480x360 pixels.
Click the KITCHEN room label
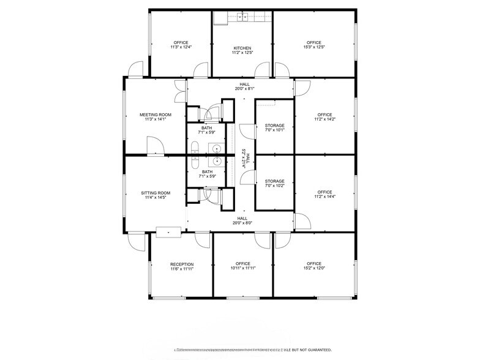242,48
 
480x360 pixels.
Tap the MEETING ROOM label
156,114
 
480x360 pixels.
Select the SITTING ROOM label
156,193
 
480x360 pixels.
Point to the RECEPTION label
182,264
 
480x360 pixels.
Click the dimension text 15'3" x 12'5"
314,48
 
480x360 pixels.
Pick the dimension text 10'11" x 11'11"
244,269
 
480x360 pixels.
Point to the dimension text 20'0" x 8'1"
244,88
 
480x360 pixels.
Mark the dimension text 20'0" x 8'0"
242,223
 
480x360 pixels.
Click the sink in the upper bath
217,147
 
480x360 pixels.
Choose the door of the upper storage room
247,132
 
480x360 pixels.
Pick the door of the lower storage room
247,177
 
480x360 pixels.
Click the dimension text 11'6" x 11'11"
182,269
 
